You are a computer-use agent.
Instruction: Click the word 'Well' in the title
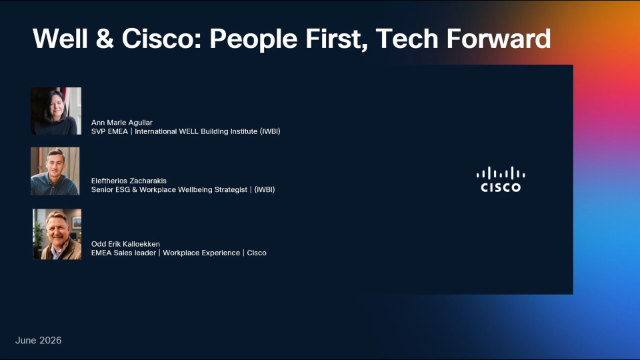coord(60,39)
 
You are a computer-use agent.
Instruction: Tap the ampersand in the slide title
coord(105,39)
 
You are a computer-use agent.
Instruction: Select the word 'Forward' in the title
coord(498,39)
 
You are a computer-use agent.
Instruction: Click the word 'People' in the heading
coord(253,40)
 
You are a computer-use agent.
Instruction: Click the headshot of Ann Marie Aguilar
coord(56,111)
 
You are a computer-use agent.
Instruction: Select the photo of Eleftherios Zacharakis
coord(56,171)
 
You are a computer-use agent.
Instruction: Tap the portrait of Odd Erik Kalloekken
coord(57,234)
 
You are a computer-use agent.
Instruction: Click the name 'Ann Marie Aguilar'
coord(122,122)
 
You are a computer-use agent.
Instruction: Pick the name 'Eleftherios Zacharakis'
coord(129,180)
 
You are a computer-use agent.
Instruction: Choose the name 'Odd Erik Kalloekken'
coord(125,244)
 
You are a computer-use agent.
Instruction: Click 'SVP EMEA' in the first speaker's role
coord(109,131)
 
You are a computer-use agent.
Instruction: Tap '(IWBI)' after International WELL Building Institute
coord(270,131)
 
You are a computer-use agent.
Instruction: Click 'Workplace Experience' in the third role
coord(201,253)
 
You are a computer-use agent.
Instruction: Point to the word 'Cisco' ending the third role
coord(256,253)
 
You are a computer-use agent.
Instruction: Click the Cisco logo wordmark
coord(500,187)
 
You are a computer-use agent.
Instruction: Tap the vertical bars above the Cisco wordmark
coord(501,173)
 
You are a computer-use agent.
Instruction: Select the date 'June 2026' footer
coord(38,340)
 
